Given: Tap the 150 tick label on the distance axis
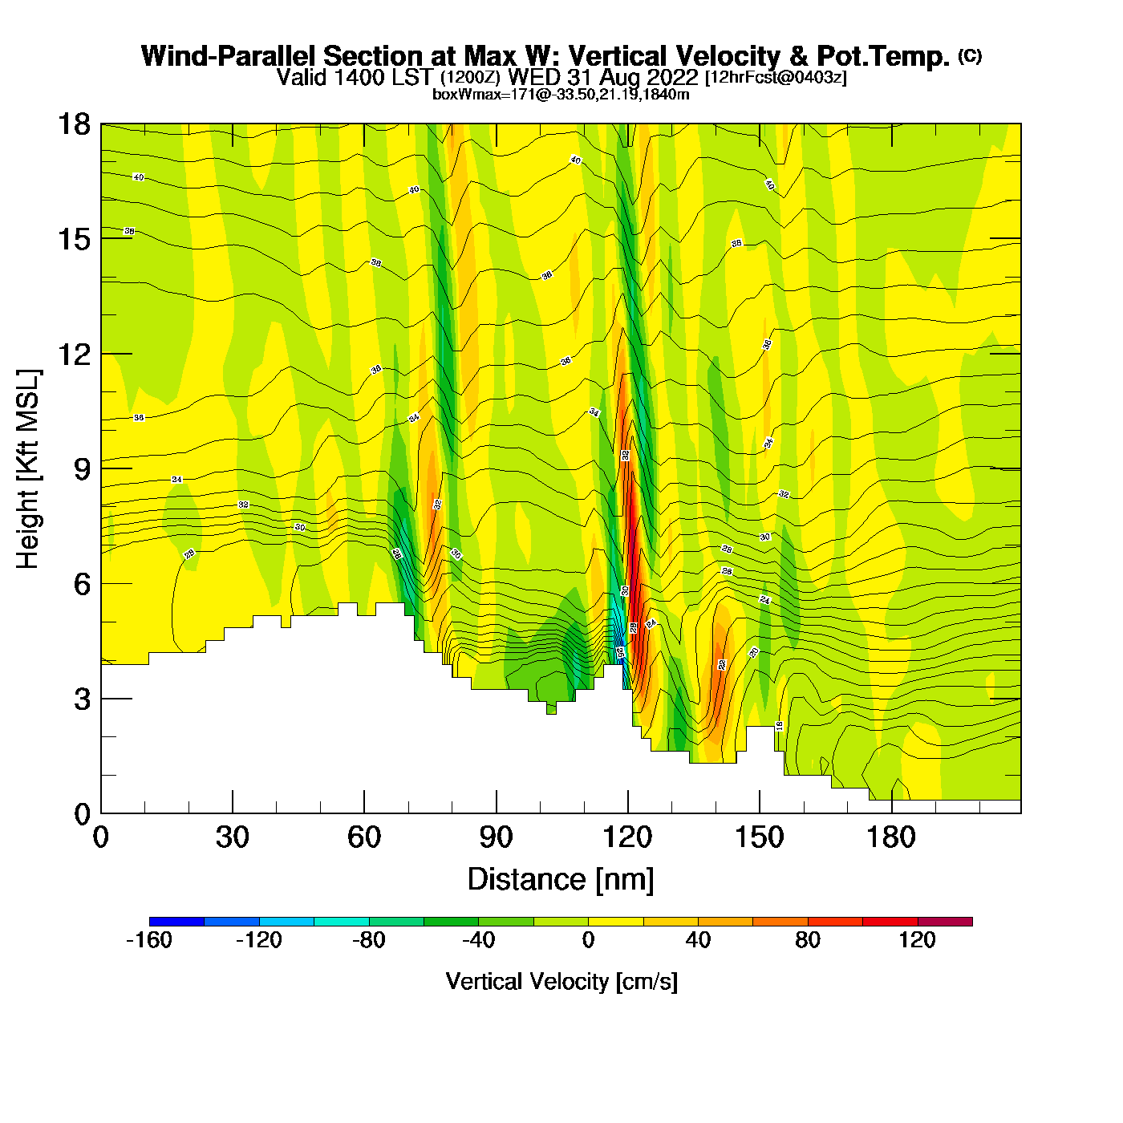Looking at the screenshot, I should coord(759,837).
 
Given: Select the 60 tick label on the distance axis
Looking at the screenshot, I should coord(364,837).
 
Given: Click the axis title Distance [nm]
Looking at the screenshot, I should coord(561,879).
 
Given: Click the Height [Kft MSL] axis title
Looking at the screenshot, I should coord(28,469).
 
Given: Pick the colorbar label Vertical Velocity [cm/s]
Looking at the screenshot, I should coord(561,981).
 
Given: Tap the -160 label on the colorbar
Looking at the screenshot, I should coord(149,940).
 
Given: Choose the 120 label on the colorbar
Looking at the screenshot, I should coord(917,940).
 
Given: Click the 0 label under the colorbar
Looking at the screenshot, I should coord(588,940).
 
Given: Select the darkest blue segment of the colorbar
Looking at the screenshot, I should coord(176,922).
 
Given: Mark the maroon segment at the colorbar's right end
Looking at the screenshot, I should coord(945,922).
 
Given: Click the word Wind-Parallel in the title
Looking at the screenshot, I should coord(229,56).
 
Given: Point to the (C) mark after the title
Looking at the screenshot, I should coord(970,55).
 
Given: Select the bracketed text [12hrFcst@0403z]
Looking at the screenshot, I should coord(775,77).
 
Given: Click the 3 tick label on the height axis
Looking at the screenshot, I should coord(82,699).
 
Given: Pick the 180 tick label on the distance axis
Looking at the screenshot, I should coord(890,837).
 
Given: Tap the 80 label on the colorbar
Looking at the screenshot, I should coord(807,940).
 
